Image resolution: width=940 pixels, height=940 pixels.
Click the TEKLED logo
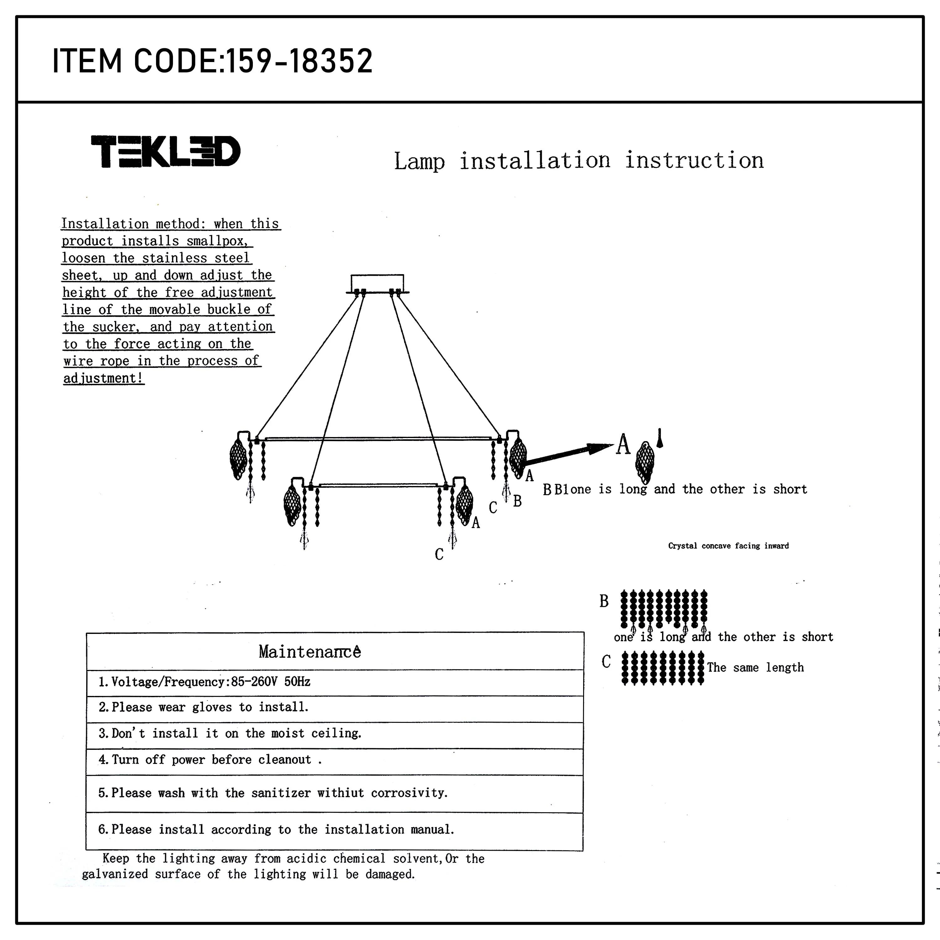click(x=165, y=151)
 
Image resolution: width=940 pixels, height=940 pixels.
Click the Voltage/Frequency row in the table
click(x=204, y=681)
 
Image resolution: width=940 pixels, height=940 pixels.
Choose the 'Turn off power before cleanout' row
click(x=210, y=760)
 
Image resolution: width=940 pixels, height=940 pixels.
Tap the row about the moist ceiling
click(x=230, y=733)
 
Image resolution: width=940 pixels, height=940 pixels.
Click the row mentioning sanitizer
click(x=273, y=793)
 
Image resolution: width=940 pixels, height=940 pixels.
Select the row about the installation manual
click(x=276, y=829)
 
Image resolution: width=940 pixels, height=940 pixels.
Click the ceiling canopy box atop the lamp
click(x=377, y=283)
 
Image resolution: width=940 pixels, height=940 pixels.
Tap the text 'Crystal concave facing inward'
click(x=728, y=546)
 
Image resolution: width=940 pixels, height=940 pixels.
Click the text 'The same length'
click(x=755, y=667)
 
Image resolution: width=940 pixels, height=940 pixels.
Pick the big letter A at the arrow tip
click(x=623, y=444)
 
